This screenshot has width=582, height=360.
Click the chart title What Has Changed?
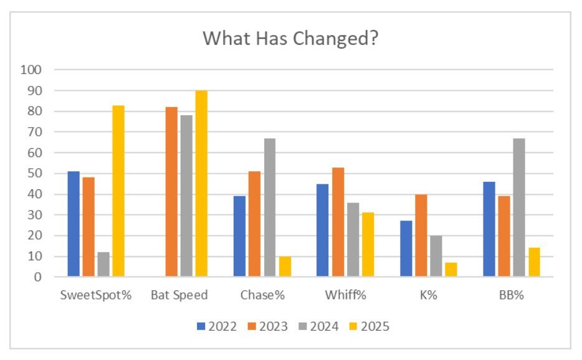(291, 39)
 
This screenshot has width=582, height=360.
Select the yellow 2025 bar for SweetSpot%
(118, 191)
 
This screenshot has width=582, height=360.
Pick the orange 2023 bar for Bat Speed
(171, 192)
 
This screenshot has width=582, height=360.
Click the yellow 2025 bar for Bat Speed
(201, 184)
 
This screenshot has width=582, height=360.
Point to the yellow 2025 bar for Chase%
(285, 266)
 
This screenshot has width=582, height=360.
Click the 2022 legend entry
(217, 326)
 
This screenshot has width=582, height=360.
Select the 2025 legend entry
(370, 326)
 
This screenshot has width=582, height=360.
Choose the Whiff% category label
(345, 296)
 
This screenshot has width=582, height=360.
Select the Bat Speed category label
(179, 296)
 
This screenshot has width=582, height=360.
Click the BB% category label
(512, 296)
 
